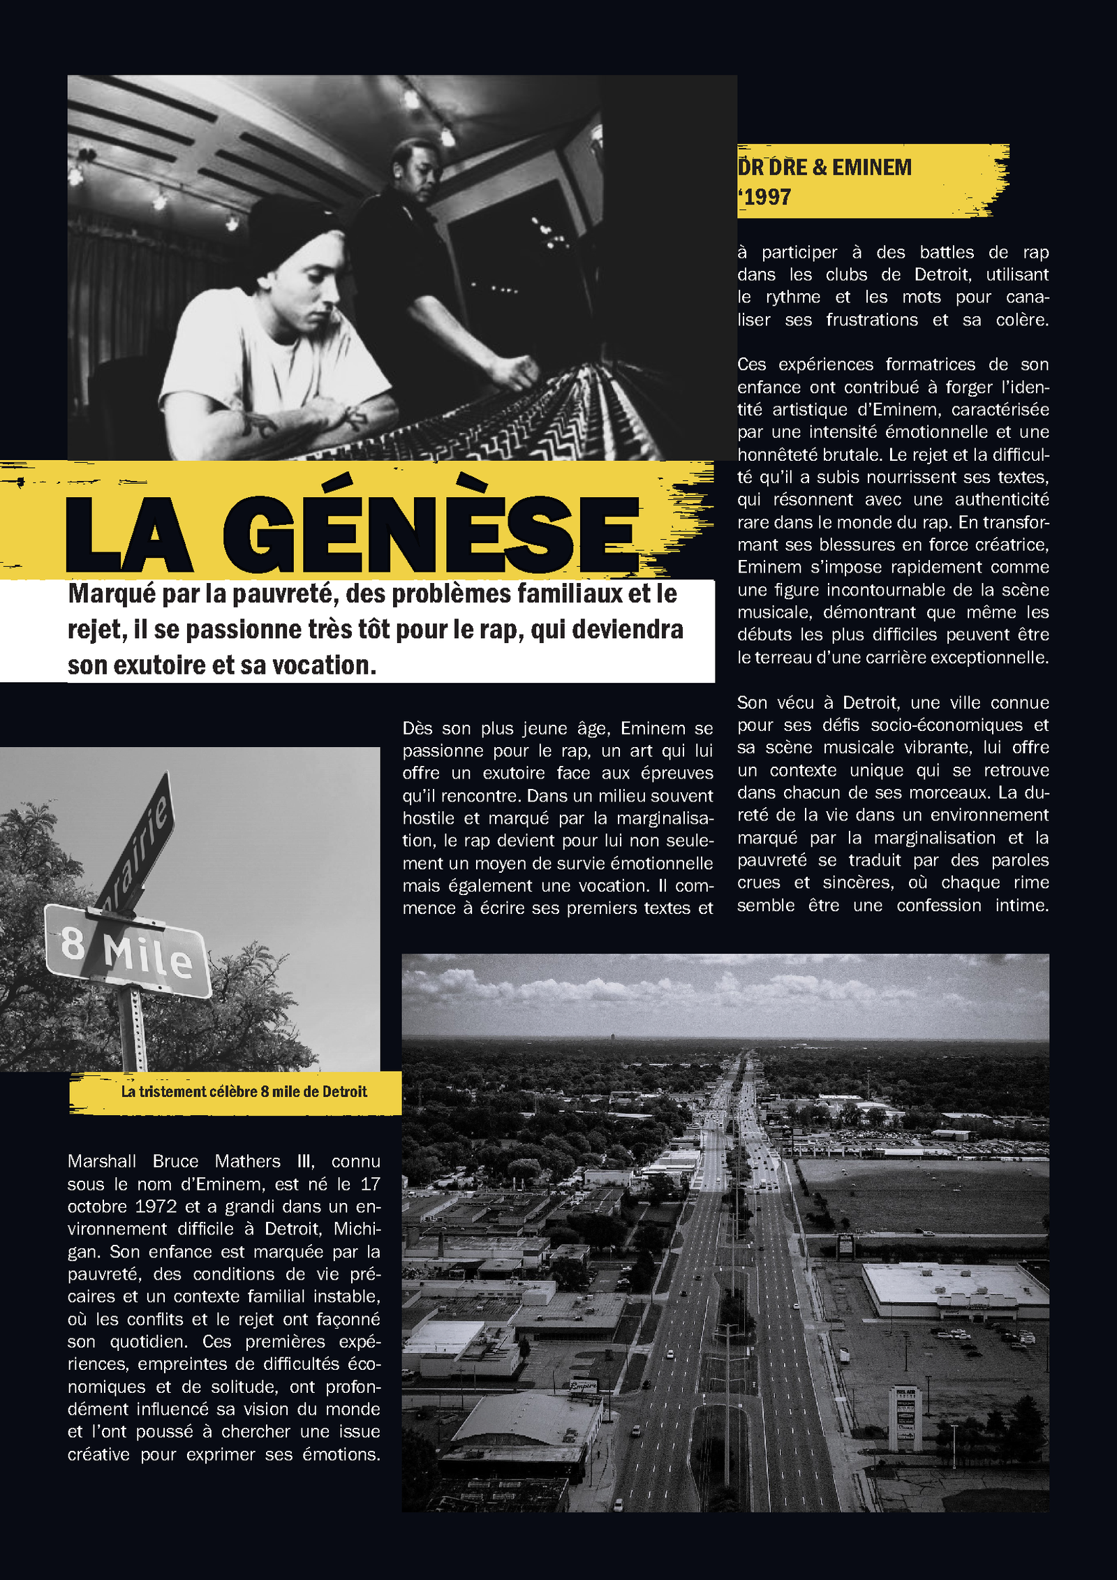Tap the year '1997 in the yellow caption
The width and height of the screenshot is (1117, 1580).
(766, 198)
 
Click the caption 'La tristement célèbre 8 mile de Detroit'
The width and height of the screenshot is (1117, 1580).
(244, 1092)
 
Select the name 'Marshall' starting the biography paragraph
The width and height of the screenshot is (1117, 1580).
(102, 1162)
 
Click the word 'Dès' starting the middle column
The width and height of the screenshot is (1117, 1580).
(417, 729)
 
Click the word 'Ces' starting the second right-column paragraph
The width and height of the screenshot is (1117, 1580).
(751, 365)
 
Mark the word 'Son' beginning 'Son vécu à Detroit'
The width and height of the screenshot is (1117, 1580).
(752, 703)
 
